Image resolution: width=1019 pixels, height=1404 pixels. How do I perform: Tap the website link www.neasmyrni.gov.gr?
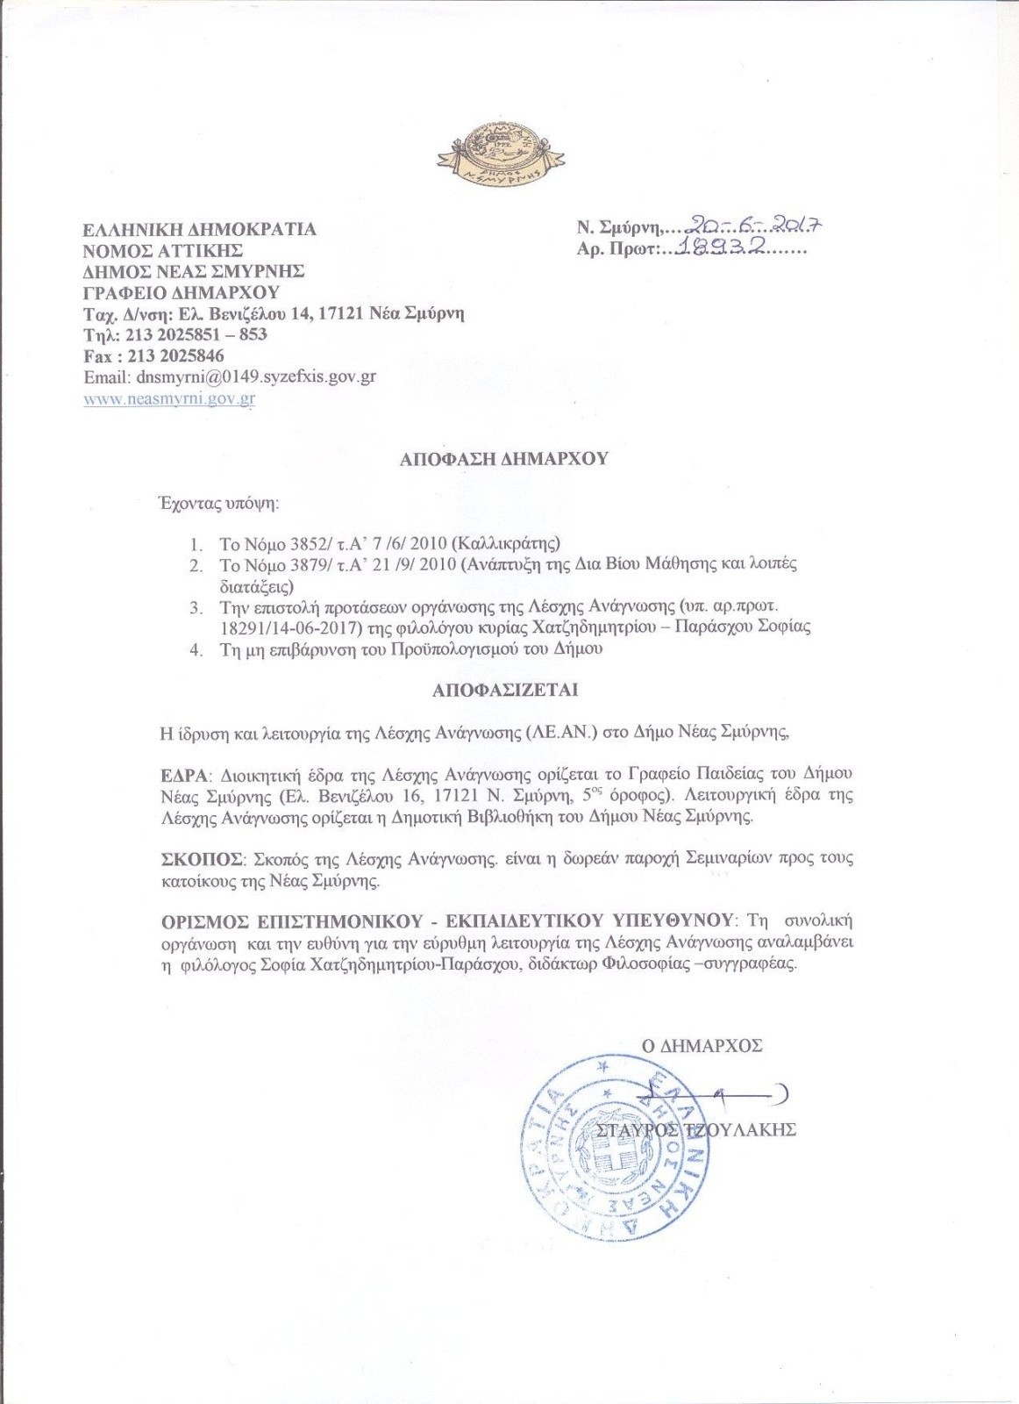click(169, 398)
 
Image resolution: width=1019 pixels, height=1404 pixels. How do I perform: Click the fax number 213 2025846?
click(175, 355)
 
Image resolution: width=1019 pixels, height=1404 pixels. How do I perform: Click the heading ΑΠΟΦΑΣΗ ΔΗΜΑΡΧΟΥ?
click(504, 458)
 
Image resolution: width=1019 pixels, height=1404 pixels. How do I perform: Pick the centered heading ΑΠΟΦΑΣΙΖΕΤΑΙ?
click(505, 691)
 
